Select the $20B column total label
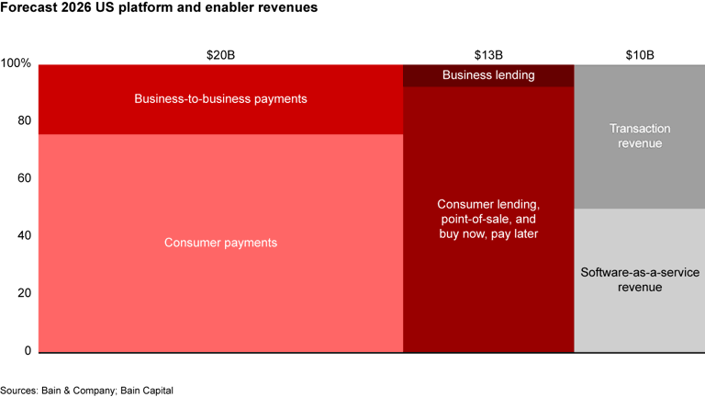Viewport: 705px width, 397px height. [x=220, y=54]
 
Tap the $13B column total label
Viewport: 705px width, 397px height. [x=488, y=54]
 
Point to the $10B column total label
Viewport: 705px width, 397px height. [x=639, y=54]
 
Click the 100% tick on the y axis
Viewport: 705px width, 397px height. [x=16, y=64]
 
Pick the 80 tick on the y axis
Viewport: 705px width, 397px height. [x=24, y=121]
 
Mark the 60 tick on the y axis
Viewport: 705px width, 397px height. [x=24, y=178]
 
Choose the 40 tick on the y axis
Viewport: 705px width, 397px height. [x=24, y=236]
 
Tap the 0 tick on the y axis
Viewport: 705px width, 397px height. [x=28, y=351]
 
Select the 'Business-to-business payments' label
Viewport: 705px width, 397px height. [x=220, y=98]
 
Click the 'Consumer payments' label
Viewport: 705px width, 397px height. [x=220, y=243]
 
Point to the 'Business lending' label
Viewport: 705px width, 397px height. [x=488, y=75]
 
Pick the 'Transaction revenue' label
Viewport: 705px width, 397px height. [x=639, y=136]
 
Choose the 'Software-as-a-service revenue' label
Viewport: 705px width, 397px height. [x=639, y=279]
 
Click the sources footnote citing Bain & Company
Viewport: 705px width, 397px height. [x=86, y=390]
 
